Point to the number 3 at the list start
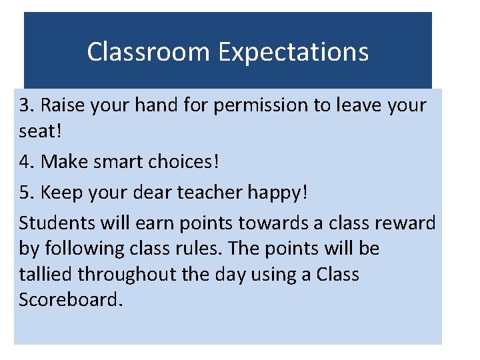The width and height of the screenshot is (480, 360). pyautogui.click(x=25, y=105)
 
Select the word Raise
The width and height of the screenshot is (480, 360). pyautogui.click(x=63, y=105)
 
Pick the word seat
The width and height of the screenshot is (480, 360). pyautogui.click(x=37, y=131)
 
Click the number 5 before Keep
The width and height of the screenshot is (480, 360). pyautogui.click(x=25, y=192)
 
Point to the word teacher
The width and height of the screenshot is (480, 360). pyautogui.click(x=207, y=192)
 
